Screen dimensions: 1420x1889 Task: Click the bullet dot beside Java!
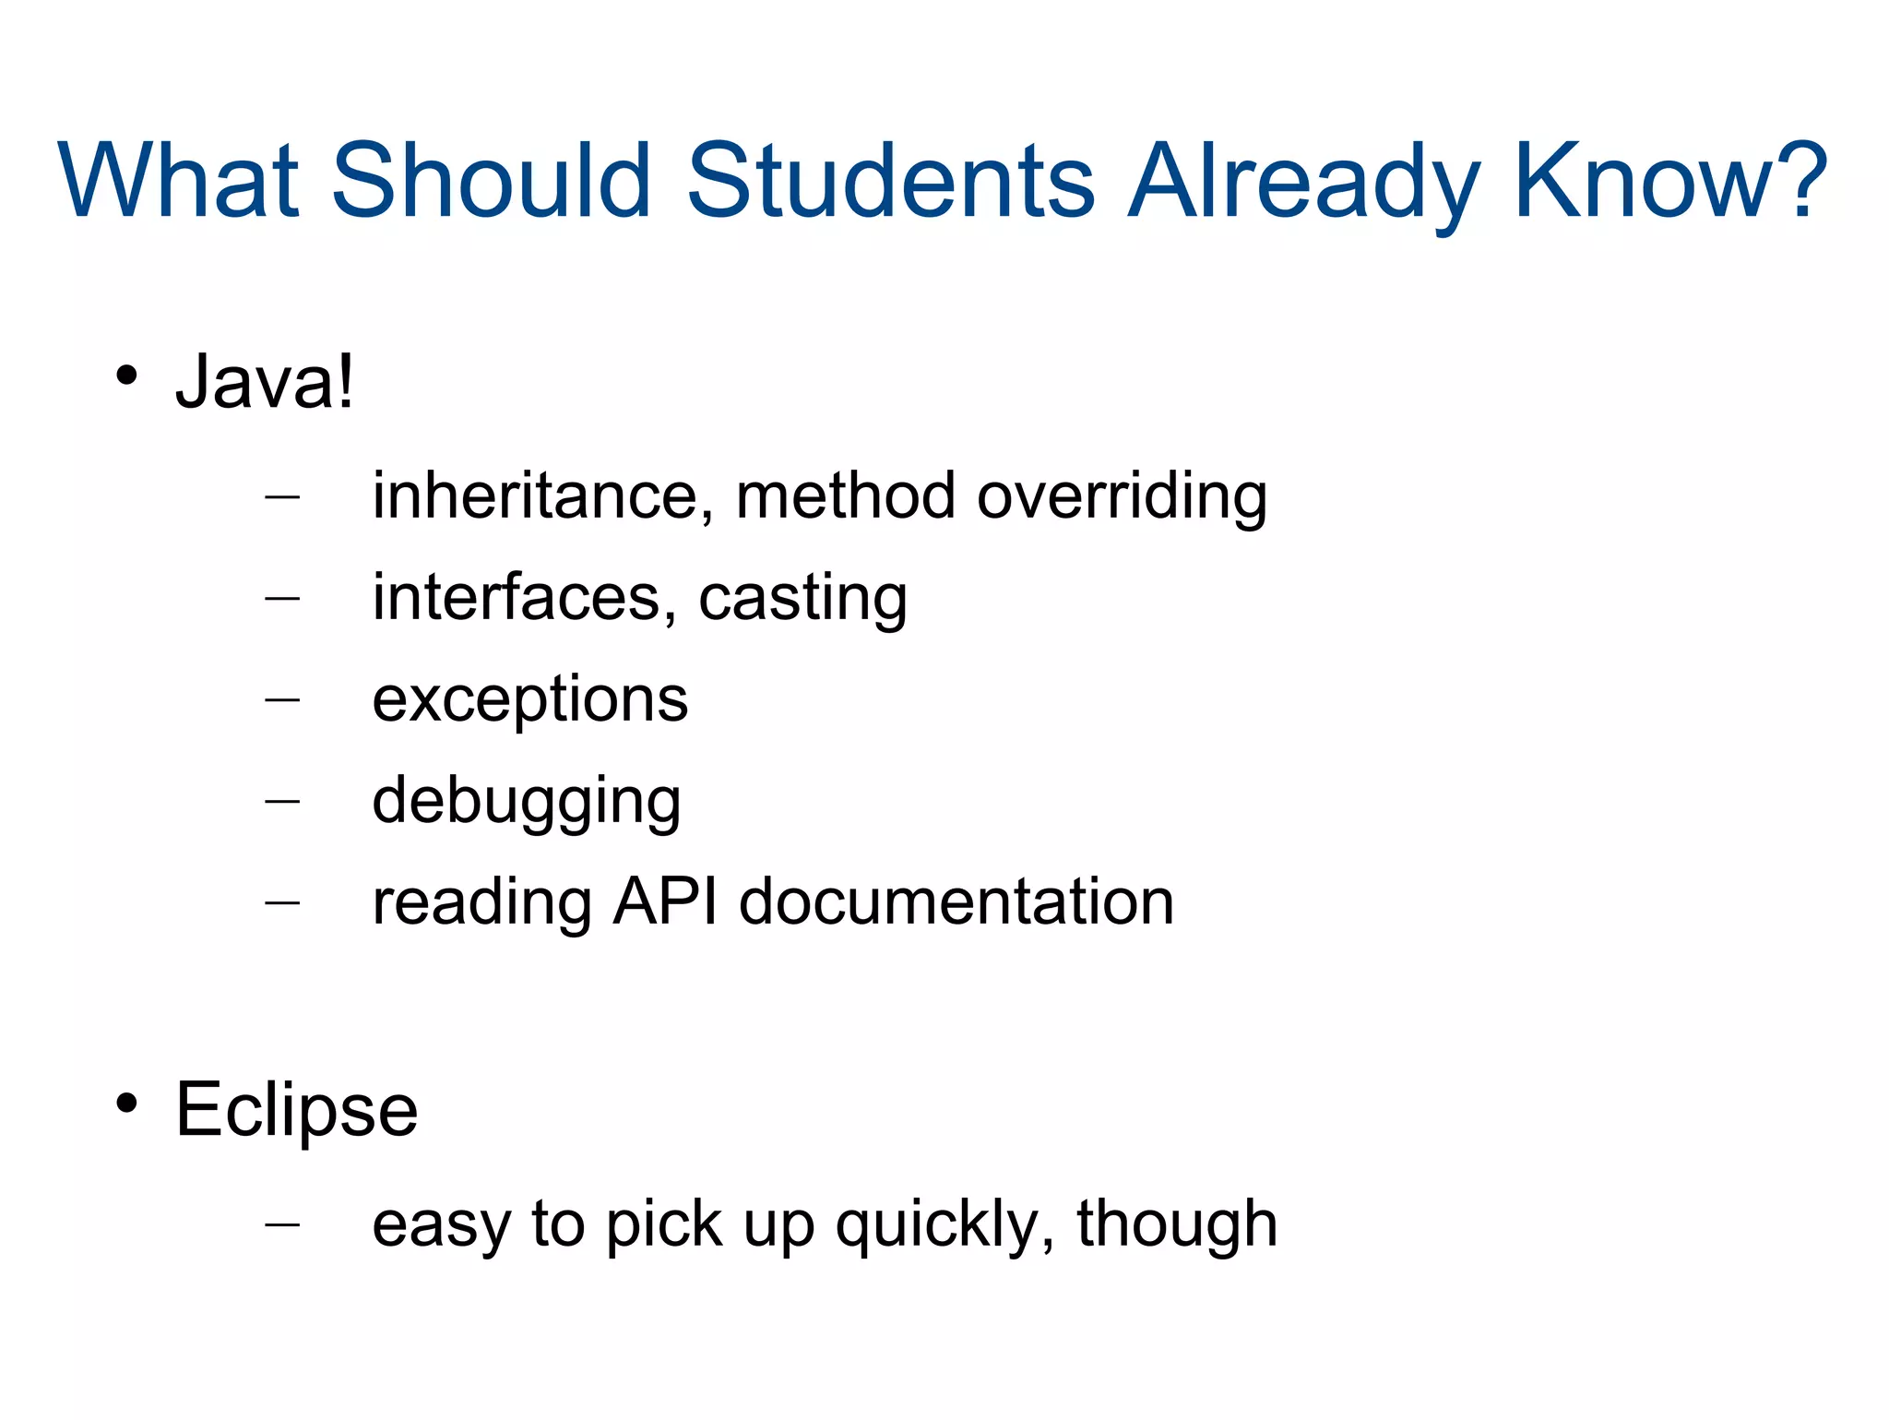pyautogui.click(x=127, y=376)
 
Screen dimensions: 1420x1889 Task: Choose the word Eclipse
pyautogui.click(x=296, y=1109)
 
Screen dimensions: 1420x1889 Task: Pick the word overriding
pyautogui.click(x=1122, y=496)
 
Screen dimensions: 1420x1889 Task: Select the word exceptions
pyautogui.click(x=529, y=699)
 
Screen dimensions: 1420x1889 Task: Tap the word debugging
pyautogui.click(x=526, y=801)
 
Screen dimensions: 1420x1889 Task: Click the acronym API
pyautogui.click(x=665, y=901)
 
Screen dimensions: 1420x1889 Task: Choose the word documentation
pyautogui.click(x=956, y=901)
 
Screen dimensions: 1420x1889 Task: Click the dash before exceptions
pyautogui.click(x=282, y=699)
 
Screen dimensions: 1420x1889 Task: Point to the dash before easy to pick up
pyautogui.click(x=282, y=1224)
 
